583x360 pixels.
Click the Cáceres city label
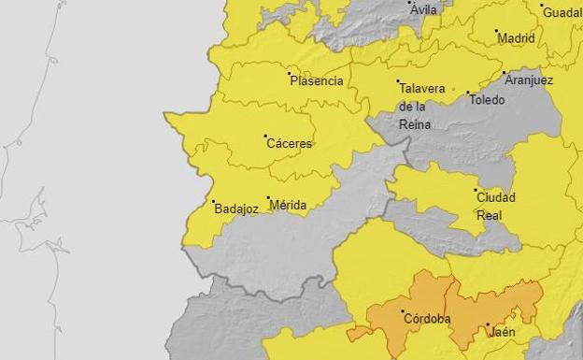290,144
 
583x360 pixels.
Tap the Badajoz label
235,209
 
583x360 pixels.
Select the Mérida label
287,206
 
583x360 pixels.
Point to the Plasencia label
317,81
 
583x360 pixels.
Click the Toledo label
487,100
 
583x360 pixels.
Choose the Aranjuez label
529,80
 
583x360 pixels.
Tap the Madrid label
517,39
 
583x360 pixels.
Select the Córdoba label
426,319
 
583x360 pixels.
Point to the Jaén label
503,332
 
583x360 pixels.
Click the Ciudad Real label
495,206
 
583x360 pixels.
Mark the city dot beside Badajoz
213,202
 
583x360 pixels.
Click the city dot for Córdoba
403,311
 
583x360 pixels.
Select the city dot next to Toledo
467,93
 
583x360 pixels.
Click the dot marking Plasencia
290,73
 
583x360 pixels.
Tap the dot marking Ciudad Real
476,190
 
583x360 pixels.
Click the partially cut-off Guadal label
562,13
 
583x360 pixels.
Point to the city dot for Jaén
488,325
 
